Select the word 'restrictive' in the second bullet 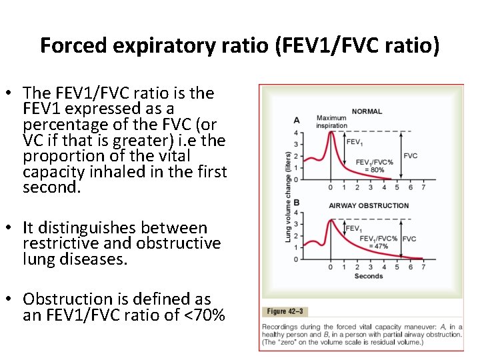(x=63, y=243)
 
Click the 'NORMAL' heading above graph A (x=366, y=111)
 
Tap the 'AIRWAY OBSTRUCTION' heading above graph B (x=368, y=205)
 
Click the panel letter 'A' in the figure (x=297, y=121)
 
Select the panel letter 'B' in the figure (x=297, y=201)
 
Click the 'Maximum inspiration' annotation (x=331, y=122)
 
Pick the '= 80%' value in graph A (x=375, y=170)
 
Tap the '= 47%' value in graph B (x=379, y=247)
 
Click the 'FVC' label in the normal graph (x=411, y=155)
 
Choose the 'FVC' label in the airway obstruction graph (x=409, y=239)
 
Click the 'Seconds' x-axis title (x=369, y=276)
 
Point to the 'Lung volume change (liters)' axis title (x=288, y=196)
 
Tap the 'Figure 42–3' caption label (x=285, y=311)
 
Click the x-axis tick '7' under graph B (x=423, y=267)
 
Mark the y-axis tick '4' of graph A (x=296, y=133)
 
